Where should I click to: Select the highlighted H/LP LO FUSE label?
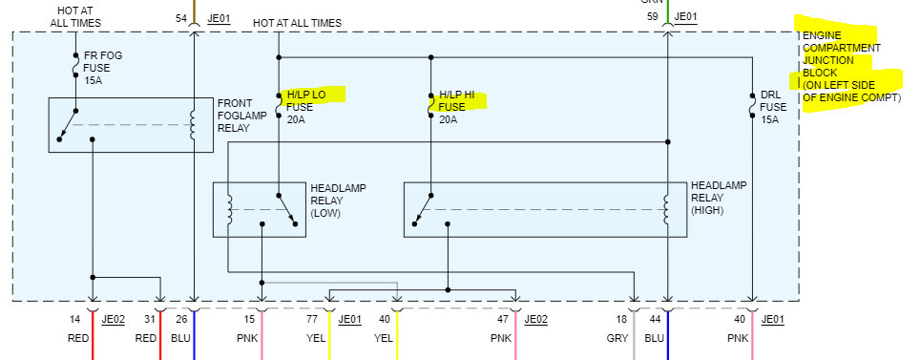coord(307,106)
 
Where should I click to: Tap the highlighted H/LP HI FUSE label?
coord(459,107)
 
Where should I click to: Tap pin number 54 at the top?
coord(181,18)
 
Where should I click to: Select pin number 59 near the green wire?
coord(652,16)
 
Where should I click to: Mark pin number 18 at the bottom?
coord(621,320)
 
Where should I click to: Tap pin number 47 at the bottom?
coord(503,320)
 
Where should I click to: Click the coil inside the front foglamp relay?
coord(195,124)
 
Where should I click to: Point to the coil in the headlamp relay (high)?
coord(668,209)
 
